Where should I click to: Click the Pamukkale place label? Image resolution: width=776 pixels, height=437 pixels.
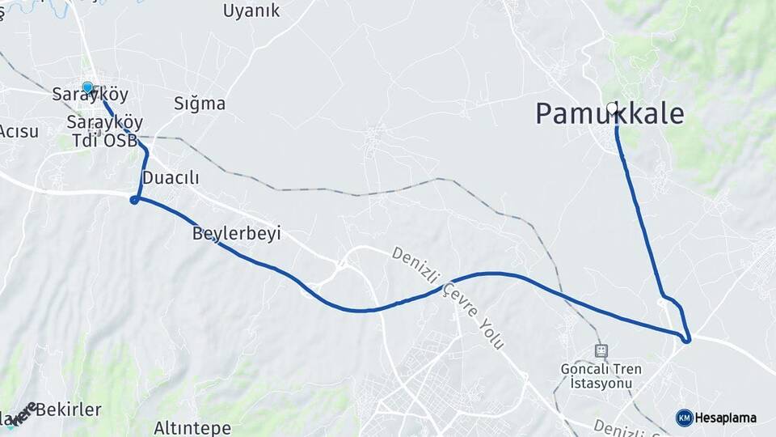(609, 114)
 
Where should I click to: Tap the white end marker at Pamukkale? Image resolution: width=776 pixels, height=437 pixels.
(612, 108)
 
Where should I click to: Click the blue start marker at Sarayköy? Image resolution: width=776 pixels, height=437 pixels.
(87, 87)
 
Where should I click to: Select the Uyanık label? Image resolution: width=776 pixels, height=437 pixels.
(251, 11)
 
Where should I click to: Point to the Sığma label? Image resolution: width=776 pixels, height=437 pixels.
(200, 104)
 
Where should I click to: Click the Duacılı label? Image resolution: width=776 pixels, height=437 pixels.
(170, 177)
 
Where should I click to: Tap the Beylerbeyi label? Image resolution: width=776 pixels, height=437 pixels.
(236, 234)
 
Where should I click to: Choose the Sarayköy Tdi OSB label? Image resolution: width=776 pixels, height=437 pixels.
(104, 131)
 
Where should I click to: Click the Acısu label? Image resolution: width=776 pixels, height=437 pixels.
(19, 131)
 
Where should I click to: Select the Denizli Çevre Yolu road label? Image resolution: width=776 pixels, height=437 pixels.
(449, 298)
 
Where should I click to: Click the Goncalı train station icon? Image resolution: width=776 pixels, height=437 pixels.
(601, 350)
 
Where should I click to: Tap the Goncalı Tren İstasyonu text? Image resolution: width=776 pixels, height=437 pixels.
(601, 375)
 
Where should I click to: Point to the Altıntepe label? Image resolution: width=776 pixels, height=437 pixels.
(192, 428)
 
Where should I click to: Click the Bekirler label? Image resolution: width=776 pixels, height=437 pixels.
(68, 409)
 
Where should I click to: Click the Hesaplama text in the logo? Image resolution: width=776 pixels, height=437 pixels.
(725, 418)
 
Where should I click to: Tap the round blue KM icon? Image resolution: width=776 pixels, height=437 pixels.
(684, 418)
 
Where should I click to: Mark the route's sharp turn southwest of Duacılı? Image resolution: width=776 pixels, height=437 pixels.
(135, 198)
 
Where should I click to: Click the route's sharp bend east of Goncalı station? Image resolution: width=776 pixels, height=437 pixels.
(686, 338)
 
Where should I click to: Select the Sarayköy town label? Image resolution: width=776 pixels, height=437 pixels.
(91, 95)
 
